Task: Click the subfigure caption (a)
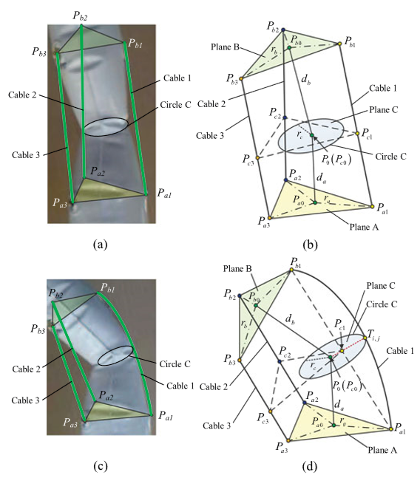click(x=101, y=245)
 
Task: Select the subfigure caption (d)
click(x=310, y=466)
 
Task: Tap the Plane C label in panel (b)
click(x=384, y=110)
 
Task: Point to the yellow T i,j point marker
click(x=365, y=338)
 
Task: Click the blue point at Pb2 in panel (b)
click(x=283, y=30)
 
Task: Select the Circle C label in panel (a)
click(x=175, y=105)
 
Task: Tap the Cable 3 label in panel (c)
click(x=26, y=400)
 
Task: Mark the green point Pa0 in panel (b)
click(x=315, y=202)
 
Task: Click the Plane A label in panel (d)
click(x=382, y=450)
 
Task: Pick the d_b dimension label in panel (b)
click(x=305, y=80)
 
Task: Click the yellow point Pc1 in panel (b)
click(x=357, y=133)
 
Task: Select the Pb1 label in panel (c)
click(x=108, y=287)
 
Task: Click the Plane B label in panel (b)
click(x=225, y=47)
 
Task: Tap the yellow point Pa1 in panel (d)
click(x=390, y=429)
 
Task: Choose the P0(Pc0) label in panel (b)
click(x=336, y=159)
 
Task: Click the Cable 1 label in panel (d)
click(x=400, y=351)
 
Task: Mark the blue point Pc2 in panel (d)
click(x=279, y=361)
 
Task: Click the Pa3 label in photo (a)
click(x=59, y=202)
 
